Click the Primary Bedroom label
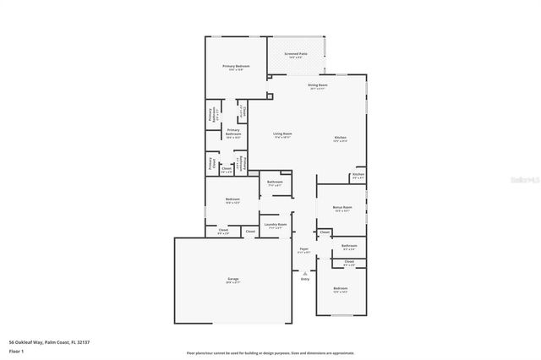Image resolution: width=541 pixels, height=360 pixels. pyautogui.click(x=236, y=68)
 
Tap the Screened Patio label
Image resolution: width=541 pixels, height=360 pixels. pyautogui.click(x=296, y=55)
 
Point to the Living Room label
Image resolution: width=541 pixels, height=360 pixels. pyautogui.click(x=282, y=135)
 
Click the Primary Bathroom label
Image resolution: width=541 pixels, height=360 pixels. pyautogui.click(x=233, y=132)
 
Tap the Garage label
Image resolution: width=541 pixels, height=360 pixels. pyautogui.click(x=232, y=280)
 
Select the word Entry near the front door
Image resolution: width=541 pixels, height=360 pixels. pyautogui.click(x=305, y=279)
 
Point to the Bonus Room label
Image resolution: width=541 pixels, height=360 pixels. pyautogui.click(x=343, y=208)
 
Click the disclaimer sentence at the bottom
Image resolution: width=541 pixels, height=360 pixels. pyautogui.click(x=270, y=352)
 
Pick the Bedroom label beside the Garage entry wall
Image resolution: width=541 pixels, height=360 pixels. pyautogui.click(x=340, y=290)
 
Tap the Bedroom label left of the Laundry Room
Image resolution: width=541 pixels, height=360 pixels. pyautogui.click(x=232, y=200)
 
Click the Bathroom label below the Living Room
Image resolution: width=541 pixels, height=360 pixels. pyautogui.click(x=275, y=183)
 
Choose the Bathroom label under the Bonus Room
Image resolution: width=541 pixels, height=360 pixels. pyautogui.click(x=349, y=247)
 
